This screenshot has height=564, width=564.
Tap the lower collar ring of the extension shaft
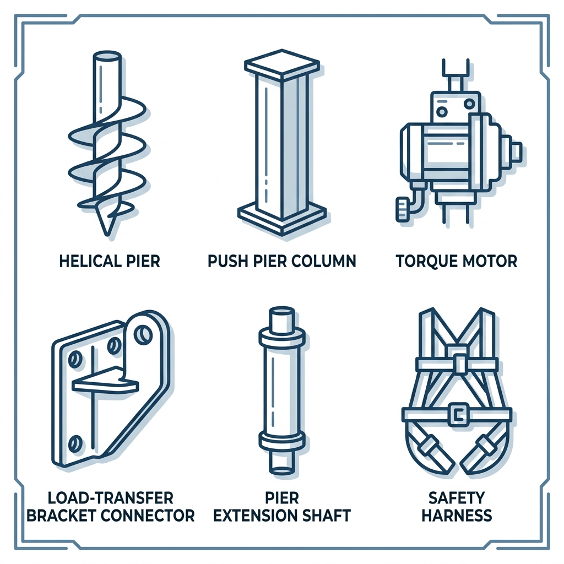281,440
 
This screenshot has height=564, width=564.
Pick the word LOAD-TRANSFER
110,498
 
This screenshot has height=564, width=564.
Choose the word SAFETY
456,498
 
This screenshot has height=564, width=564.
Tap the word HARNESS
456,516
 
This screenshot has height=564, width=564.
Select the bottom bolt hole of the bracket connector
75,441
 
